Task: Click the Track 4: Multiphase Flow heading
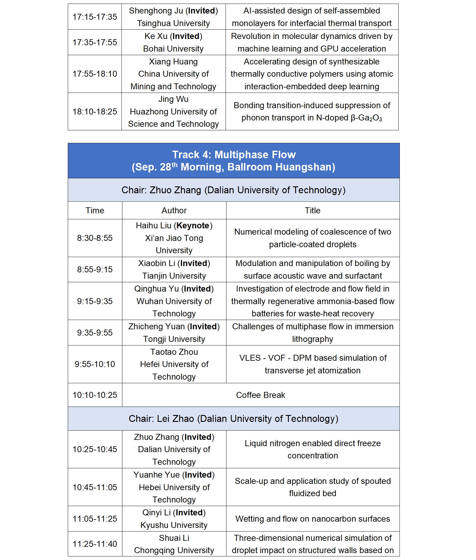234,155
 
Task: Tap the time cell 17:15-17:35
95,17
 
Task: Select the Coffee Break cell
260,395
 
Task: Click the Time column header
95,210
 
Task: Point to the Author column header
174,210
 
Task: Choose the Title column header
313,210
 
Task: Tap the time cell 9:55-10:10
95,364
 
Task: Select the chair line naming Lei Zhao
233,419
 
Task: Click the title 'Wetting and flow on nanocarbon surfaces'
313,519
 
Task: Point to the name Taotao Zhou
174,352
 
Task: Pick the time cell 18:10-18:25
95,111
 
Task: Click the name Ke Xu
156,36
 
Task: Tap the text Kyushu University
174,525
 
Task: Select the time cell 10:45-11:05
95,487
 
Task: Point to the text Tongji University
174,339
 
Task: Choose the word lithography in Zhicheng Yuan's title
313,339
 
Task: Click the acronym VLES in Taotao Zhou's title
250,358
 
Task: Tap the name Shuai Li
174,538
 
